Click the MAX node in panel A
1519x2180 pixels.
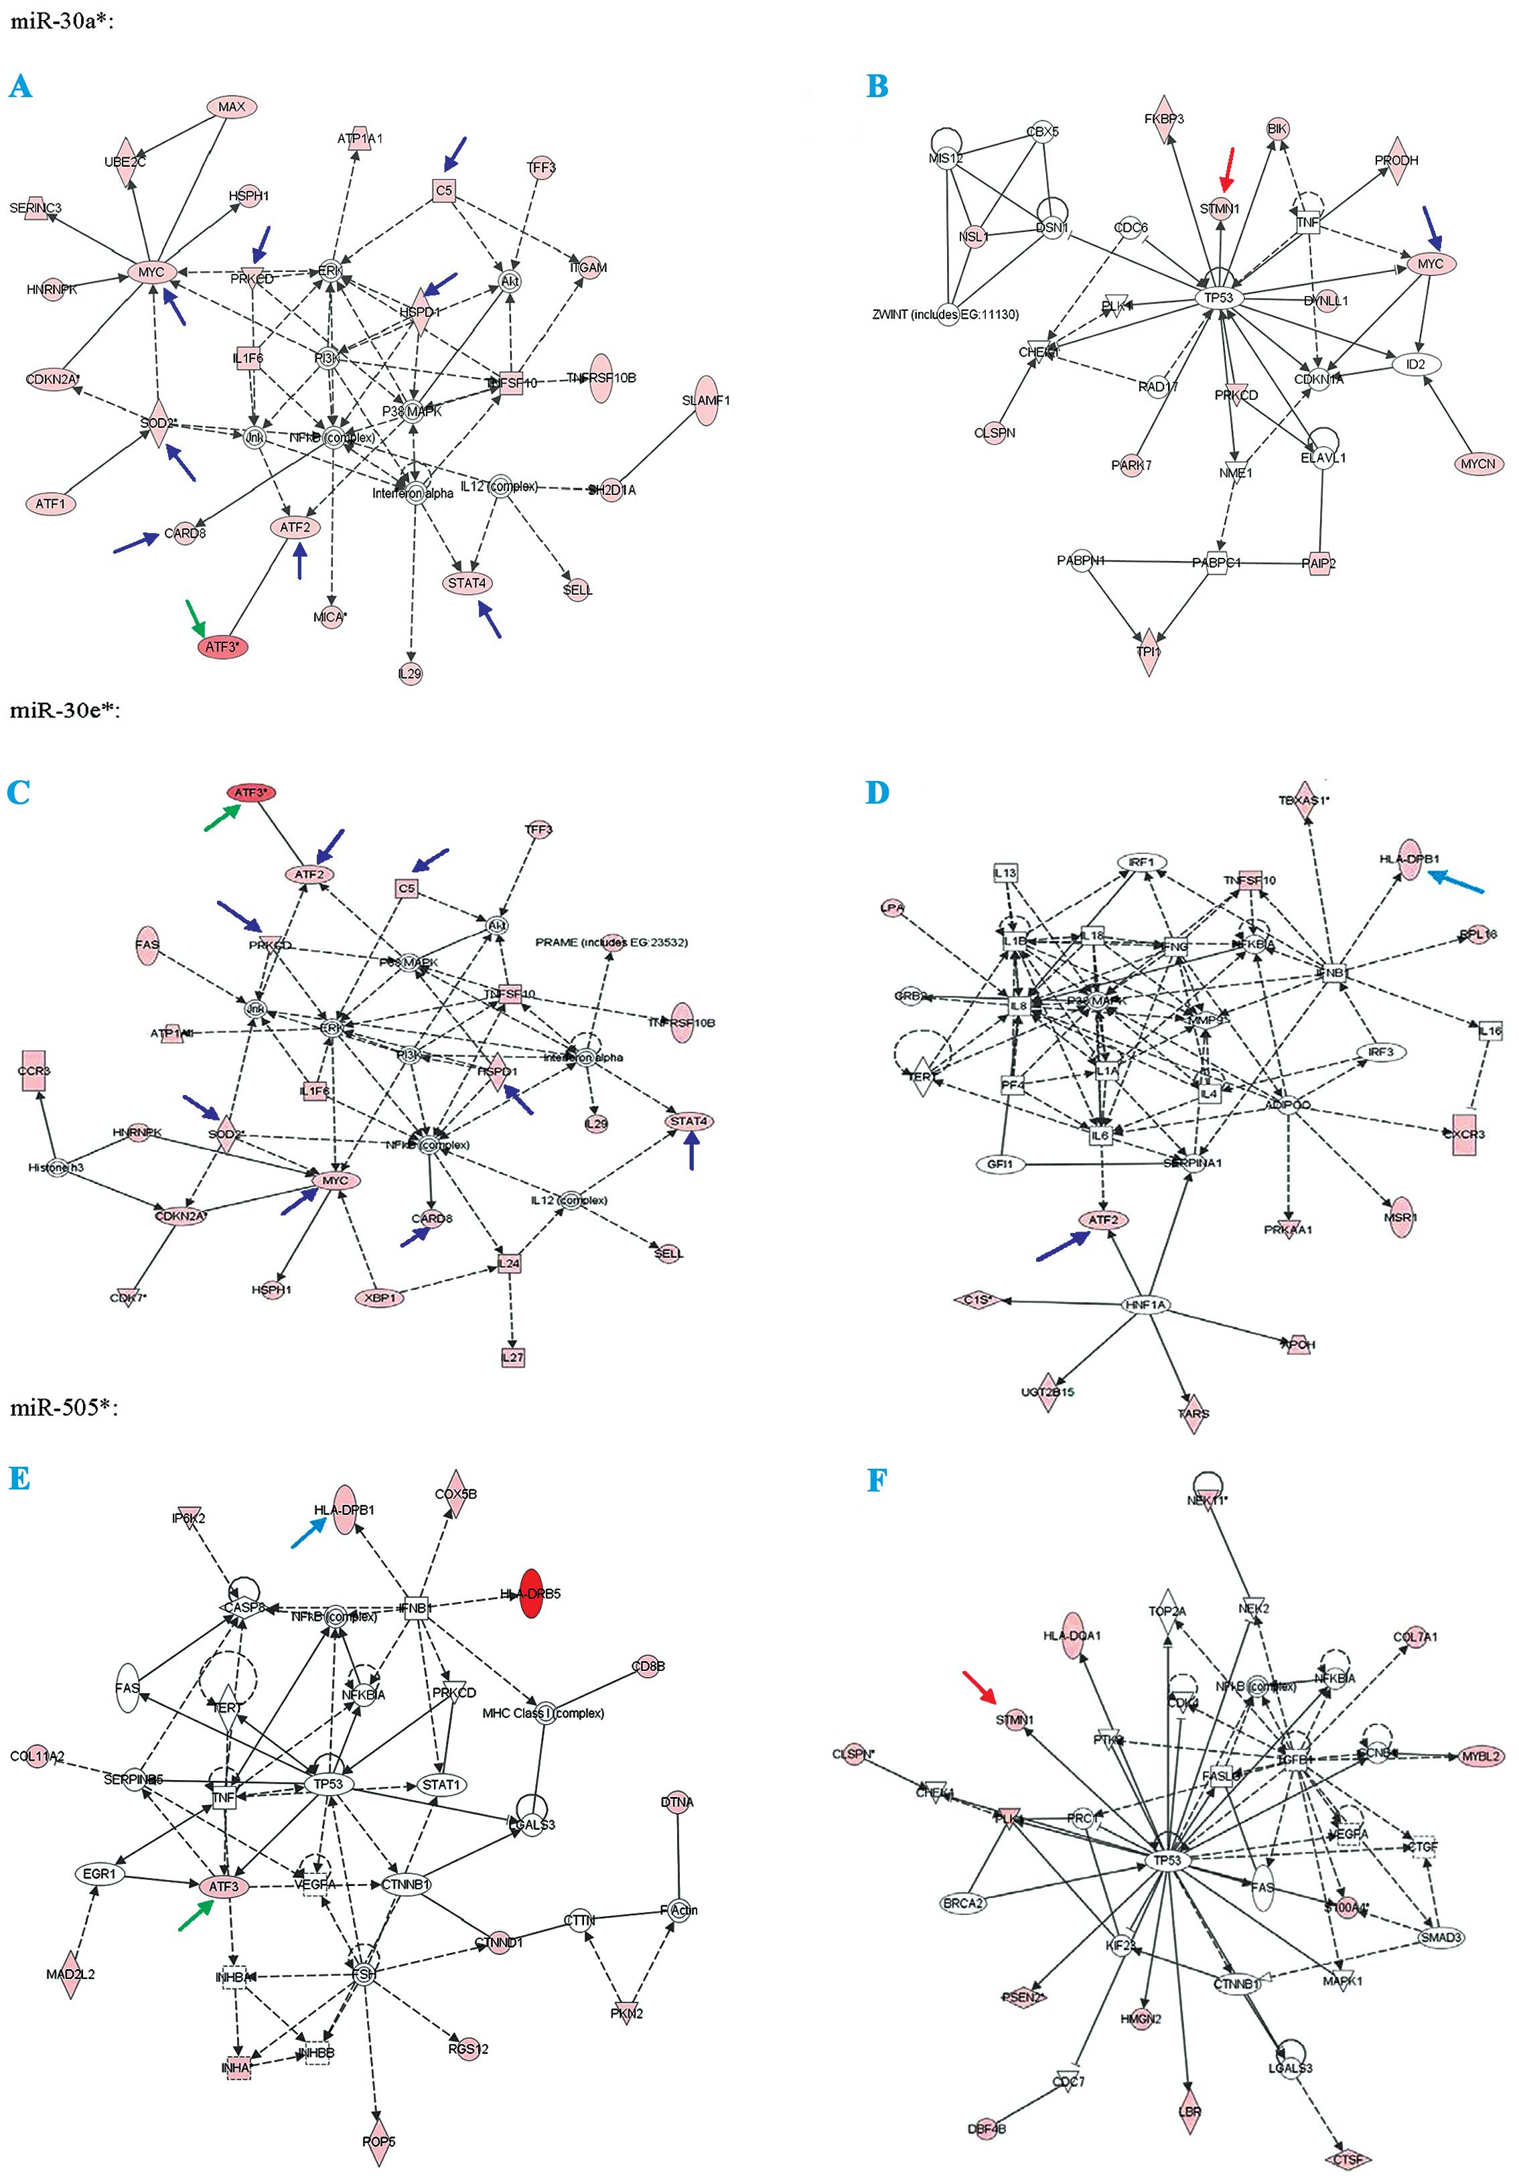click(232, 107)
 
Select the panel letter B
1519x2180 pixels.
click(877, 86)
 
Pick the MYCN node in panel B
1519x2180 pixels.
click(1478, 464)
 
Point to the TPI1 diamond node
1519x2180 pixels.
click(1149, 652)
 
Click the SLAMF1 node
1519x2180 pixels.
click(705, 401)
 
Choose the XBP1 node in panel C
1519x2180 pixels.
click(380, 1298)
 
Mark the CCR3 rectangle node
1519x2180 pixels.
click(34, 1071)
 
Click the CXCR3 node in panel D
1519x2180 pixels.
click(1464, 1134)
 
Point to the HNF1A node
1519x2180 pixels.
click(1146, 1305)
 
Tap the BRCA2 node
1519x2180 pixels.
click(962, 1903)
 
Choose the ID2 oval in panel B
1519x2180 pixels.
click(1415, 364)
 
